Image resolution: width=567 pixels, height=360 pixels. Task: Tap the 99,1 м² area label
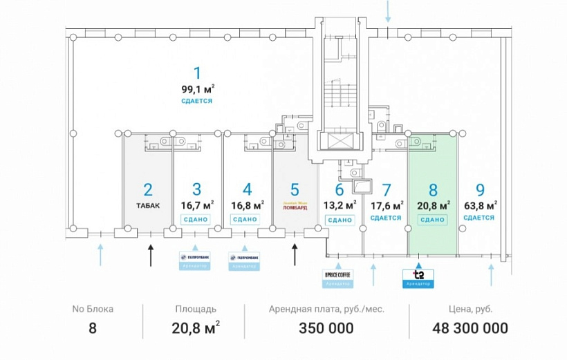tap(197, 88)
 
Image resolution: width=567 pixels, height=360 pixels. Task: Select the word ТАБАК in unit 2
tap(147, 205)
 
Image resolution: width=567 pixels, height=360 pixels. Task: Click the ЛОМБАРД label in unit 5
tap(295, 206)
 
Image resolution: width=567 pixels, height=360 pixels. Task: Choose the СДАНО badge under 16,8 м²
tap(245, 219)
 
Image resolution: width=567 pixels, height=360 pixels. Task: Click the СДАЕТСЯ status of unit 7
tap(386, 218)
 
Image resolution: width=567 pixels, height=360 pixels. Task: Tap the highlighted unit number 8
tap(433, 189)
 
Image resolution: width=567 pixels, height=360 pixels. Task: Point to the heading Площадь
tap(196, 309)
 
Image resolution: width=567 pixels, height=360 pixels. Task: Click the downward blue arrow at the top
tap(389, 11)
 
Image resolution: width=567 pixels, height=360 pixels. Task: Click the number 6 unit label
tap(339, 189)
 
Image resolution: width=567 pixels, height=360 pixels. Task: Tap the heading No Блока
tap(93, 309)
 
